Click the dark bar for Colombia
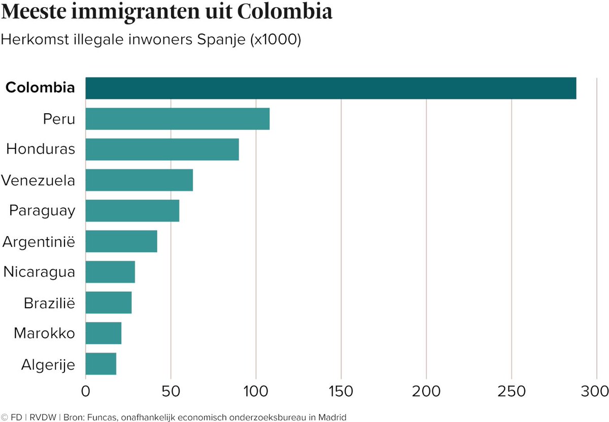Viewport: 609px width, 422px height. [x=330, y=88]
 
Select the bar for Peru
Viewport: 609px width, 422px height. [x=177, y=119]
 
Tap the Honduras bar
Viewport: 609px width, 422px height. [x=162, y=149]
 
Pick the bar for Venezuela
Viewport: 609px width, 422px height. [x=139, y=180]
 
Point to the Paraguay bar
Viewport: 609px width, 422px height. [x=132, y=211]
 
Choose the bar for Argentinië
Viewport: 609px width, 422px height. [x=121, y=241]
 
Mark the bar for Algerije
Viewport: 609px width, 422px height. [x=100, y=364]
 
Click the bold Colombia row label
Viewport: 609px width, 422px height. [x=40, y=87]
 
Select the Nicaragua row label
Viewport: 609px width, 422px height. [x=39, y=272]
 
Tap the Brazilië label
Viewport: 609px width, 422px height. [x=49, y=303]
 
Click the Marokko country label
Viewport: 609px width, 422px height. [x=45, y=334]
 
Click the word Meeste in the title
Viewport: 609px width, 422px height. [x=38, y=12]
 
